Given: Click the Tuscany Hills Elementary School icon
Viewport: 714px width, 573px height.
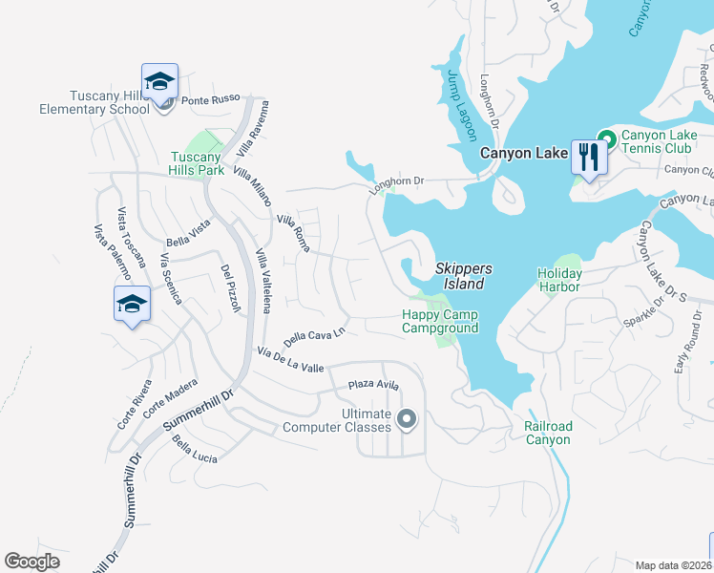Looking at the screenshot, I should (x=160, y=81).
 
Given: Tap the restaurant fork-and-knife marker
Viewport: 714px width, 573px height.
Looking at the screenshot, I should (x=588, y=156).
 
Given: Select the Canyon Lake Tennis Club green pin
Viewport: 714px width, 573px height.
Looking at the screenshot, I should (x=605, y=137).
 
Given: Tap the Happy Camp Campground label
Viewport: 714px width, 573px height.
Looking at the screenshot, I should (x=439, y=322).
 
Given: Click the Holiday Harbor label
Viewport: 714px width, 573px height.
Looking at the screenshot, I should (x=559, y=280).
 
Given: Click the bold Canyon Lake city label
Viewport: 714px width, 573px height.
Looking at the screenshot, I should (x=522, y=153).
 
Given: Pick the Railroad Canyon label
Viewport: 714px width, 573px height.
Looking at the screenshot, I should (x=548, y=433).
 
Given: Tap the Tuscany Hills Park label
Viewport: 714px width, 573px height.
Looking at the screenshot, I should (x=197, y=163).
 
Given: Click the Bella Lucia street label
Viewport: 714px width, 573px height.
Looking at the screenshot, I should (x=196, y=451).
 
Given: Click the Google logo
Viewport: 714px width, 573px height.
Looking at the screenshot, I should (x=32, y=562).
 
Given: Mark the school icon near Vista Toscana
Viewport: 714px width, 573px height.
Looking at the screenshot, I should (x=132, y=305).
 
